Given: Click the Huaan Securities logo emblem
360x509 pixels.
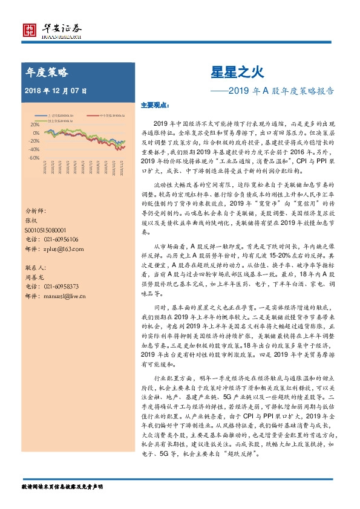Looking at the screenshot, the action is coord(29,30).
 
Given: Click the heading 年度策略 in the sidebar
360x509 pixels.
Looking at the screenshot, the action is coord(47,72).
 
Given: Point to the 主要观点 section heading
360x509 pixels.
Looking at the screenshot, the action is coord(152,105).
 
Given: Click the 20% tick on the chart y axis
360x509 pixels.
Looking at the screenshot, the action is coord(35,125).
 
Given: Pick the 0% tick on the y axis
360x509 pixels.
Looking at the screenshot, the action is coord(36,132).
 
